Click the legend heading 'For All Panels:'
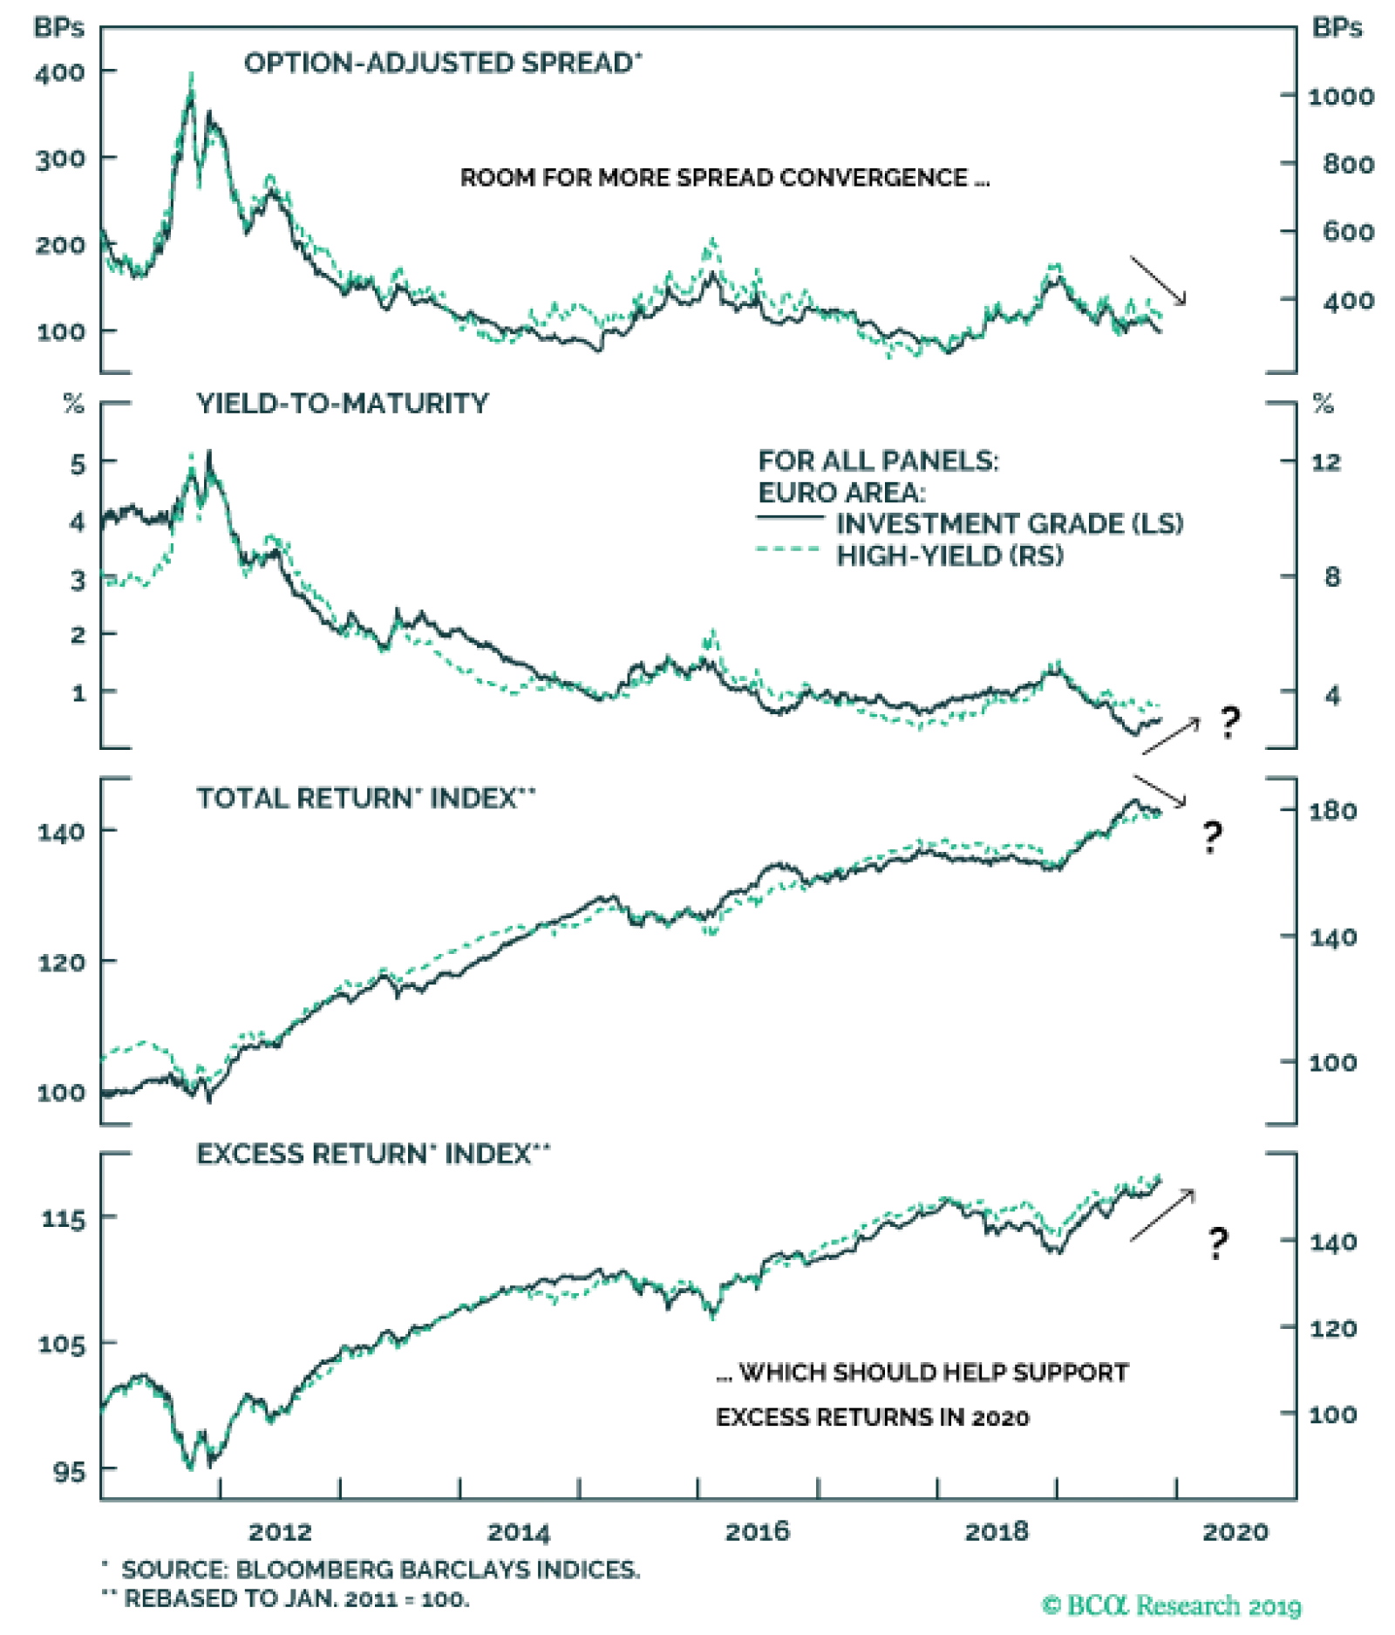(877, 461)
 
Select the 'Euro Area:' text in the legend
(840, 494)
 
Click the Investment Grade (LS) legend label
(1008, 524)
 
